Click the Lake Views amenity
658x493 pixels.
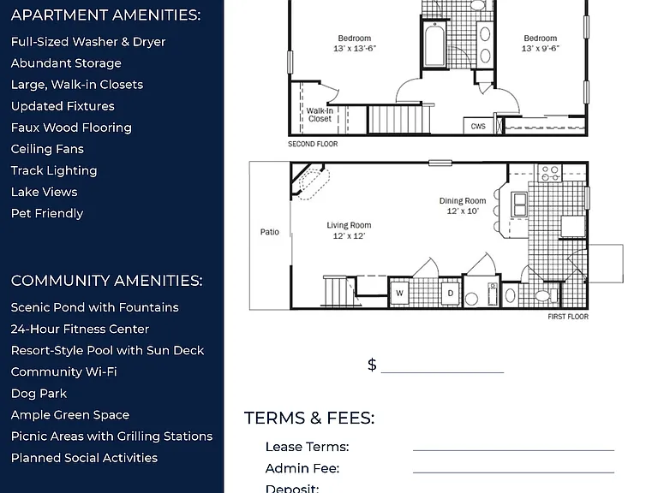point(44,192)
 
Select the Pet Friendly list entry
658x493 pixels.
point(47,213)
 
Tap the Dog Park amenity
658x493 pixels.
point(39,393)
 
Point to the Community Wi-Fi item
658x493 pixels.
point(63,371)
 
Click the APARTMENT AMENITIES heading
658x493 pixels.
point(105,15)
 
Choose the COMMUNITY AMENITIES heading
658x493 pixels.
point(106,281)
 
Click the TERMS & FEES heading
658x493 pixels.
point(309,418)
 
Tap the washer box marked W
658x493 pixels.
point(399,293)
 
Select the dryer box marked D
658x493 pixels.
point(451,293)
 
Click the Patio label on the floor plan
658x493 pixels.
point(269,232)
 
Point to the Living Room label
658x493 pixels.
point(349,230)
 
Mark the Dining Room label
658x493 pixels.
point(463,205)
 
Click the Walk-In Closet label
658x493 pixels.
point(320,115)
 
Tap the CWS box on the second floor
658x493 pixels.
point(478,126)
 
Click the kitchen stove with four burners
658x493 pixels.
point(550,173)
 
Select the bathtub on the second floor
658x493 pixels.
point(434,45)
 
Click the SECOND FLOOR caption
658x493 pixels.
point(313,144)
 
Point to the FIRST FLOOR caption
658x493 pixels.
point(568,317)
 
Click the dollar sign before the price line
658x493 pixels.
point(372,365)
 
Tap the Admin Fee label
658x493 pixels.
point(302,468)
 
